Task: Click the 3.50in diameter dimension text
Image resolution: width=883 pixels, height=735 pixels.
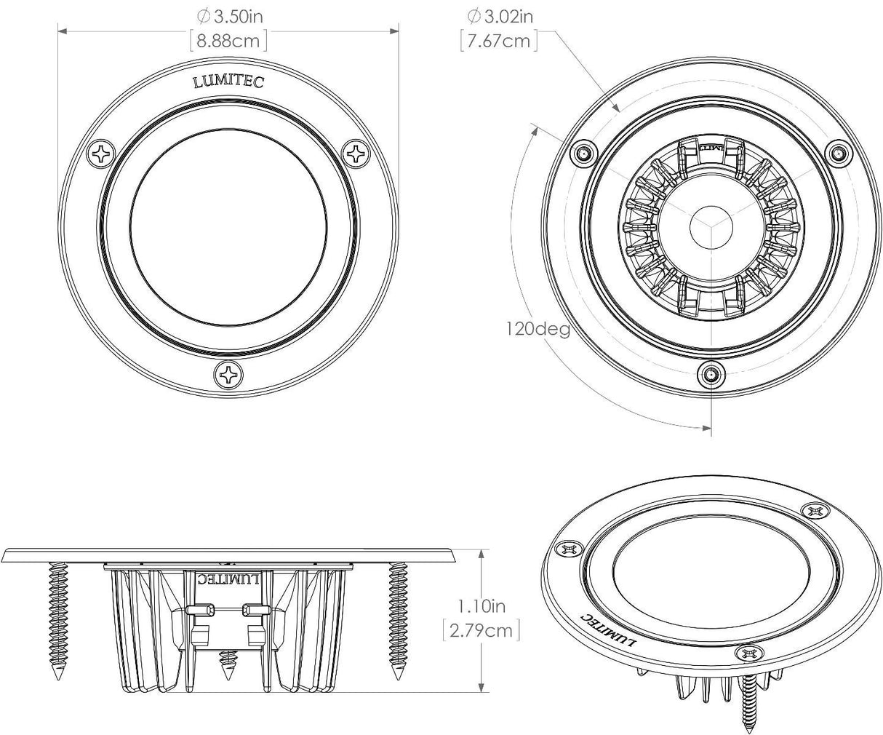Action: pos(227,15)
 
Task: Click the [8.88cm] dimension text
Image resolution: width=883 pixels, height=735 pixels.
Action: pos(228,41)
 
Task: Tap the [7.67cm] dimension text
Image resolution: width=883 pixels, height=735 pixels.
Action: pos(499,41)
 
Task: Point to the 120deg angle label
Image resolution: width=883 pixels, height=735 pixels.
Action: pos(538,328)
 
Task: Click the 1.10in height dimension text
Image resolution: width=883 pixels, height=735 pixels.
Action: pos(481,605)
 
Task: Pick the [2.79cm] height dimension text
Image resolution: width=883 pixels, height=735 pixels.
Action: pos(481,630)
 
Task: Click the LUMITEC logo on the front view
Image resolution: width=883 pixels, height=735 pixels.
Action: pos(228,82)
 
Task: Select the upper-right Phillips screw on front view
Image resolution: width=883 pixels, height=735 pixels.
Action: pos(356,154)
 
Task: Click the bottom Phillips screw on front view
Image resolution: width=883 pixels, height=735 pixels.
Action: pos(229,375)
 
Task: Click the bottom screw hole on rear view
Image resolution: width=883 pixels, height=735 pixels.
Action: pos(710,375)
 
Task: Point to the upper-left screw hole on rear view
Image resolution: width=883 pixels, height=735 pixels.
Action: pos(583,153)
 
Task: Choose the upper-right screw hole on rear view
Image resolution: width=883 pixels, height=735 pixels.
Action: pos(837,153)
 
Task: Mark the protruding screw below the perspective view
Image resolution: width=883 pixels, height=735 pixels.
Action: pos(749,702)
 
